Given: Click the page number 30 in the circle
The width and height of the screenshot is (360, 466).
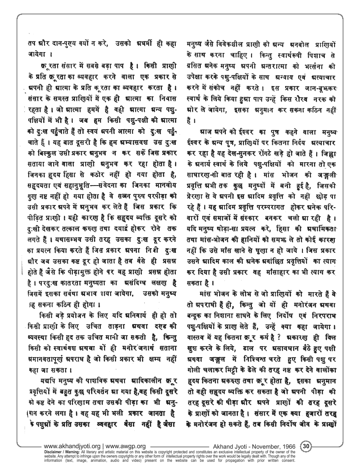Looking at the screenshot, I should tap(307, 446).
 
